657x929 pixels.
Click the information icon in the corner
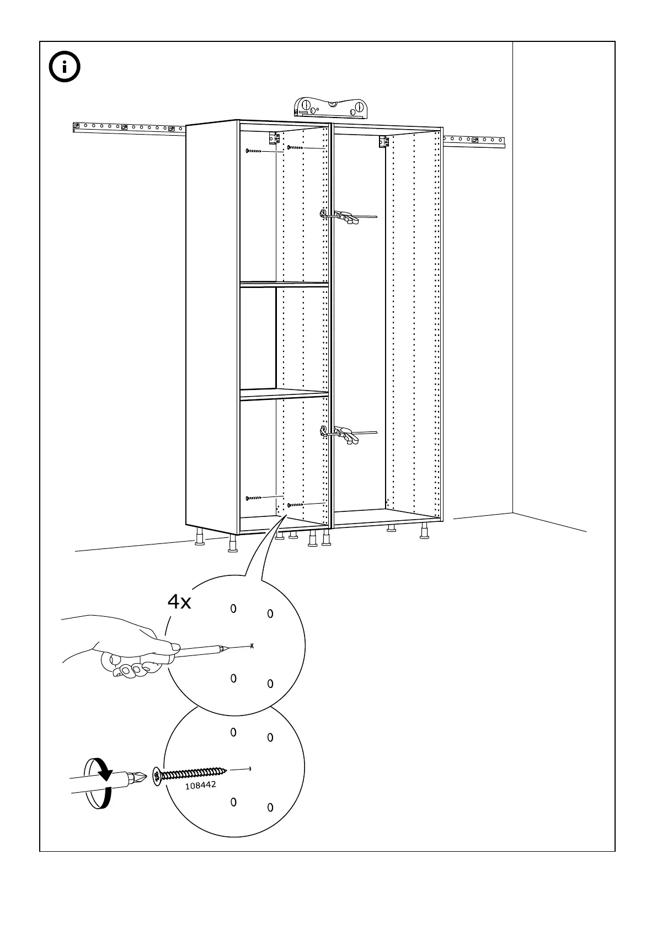[65, 67]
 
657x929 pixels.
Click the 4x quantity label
[179, 602]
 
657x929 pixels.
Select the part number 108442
[200, 785]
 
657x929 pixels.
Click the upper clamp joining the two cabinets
[339, 216]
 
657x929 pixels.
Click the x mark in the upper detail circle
[252, 645]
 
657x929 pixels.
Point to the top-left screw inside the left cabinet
[254, 151]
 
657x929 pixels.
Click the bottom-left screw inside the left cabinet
[254, 498]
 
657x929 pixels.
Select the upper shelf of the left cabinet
[284, 284]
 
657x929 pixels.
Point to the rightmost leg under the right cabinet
[424, 531]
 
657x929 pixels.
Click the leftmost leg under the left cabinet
[200, 538]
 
